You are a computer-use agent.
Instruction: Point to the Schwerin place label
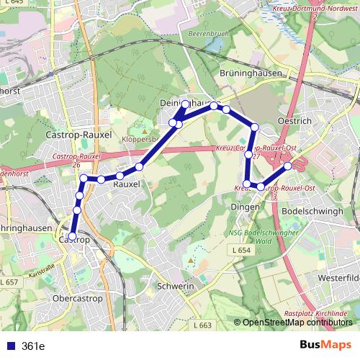tap(176, 286)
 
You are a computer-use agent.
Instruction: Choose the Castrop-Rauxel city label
tap(78, 135)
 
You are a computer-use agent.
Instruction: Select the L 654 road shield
tap(240, 248)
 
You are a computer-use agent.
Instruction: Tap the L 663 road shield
tap(204, 325)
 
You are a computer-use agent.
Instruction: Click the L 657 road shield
tap(9, 282)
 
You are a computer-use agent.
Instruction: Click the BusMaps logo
tap(326, 345)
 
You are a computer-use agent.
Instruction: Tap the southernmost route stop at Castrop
tap(72, 235)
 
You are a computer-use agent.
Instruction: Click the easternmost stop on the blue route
tap(288, 166)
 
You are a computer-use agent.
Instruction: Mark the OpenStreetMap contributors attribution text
tap(297, 323)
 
